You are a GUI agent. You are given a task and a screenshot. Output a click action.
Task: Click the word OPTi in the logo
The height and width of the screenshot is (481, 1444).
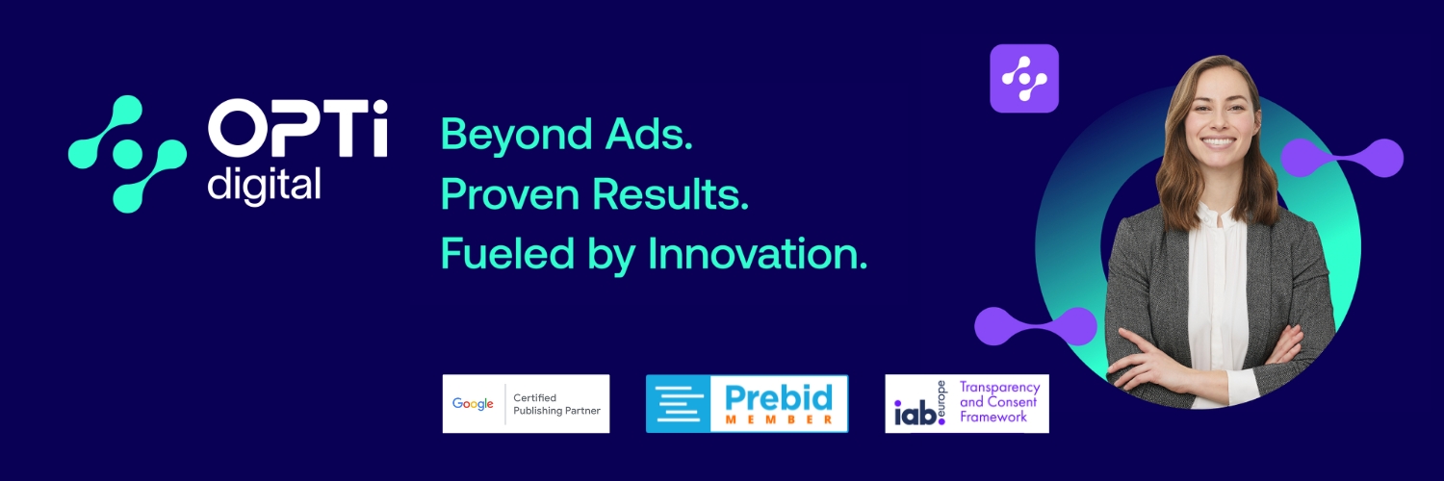[x=297, y=128]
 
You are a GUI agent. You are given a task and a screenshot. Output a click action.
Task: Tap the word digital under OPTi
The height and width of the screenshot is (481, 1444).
[x=264, y=186]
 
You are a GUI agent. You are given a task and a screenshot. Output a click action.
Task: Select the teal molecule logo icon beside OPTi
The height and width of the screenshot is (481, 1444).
[x=128, y=154]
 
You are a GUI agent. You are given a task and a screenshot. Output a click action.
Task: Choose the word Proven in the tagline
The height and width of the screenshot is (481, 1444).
[x=510, y=193]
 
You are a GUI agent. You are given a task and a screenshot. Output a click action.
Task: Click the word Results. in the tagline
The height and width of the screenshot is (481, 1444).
[x=670, y=193]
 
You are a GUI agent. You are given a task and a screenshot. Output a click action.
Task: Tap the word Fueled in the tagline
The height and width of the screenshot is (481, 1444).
[x=507, y=253]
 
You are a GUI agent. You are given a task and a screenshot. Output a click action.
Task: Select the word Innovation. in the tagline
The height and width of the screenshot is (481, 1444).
[x=758, y=253]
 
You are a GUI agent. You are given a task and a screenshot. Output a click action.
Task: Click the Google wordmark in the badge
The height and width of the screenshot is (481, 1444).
[x=473, y=404]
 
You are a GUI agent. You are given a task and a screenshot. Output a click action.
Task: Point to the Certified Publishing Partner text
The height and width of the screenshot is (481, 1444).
[x=556, y=404]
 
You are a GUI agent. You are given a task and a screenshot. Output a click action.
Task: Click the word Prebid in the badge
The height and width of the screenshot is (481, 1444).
[x=779, y=398]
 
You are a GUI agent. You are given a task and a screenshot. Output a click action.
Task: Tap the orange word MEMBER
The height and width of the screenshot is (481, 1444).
[x=779, y=419]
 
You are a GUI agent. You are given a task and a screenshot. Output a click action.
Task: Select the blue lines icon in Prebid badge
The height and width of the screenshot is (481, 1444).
[x=678, y=404]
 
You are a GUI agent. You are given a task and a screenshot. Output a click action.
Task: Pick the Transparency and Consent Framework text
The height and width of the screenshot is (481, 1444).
[x=999, y=402]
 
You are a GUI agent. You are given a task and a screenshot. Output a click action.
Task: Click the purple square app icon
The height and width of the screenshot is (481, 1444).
[x=1024, y=79]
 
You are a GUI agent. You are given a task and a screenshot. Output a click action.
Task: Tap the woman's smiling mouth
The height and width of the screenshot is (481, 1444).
[x=1218, y=142]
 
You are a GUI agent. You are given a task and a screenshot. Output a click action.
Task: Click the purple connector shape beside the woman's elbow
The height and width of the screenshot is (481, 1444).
[x=1035, y=326]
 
